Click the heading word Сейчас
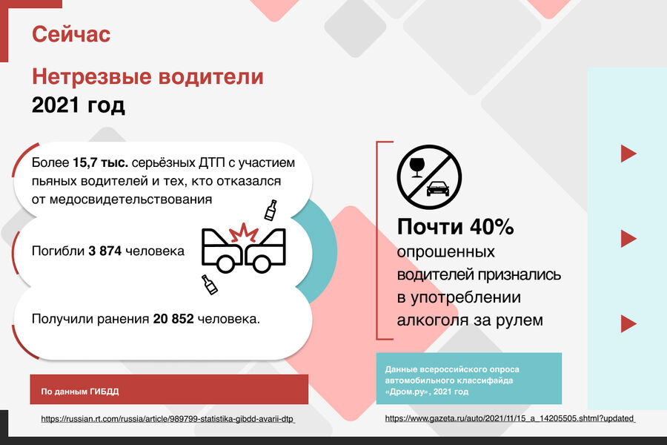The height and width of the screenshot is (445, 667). coord(71,34)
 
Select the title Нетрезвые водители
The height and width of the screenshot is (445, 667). coord(147,76)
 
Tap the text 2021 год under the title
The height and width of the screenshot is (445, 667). coord(79,105)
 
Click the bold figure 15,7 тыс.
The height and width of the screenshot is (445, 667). coord(100,162)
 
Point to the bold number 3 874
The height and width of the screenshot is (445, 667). coord(105,251)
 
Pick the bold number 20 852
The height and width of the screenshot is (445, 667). coord(173,319)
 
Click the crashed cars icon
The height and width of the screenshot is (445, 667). coord(243,248)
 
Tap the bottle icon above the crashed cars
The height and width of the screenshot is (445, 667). coord(271,210)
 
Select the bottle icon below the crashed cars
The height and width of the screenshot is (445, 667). coord(209,285)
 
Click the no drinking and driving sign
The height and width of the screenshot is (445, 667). coord(429,177)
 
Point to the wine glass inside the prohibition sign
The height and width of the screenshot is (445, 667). coord(417,167)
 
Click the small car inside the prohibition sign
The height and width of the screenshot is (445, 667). coord(438,188)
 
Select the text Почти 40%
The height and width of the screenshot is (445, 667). coord(455,226)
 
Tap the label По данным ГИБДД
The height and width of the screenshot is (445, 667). coord(80,392)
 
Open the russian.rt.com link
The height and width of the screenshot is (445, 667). coord(167,419)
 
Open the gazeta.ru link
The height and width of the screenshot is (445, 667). coord(510,418)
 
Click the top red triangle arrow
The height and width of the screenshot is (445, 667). coord(628,154)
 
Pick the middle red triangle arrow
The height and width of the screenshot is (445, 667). coord(628,239)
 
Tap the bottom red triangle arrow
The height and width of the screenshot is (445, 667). coord(628,323)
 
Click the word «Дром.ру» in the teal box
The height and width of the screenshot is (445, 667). coord(405,392)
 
